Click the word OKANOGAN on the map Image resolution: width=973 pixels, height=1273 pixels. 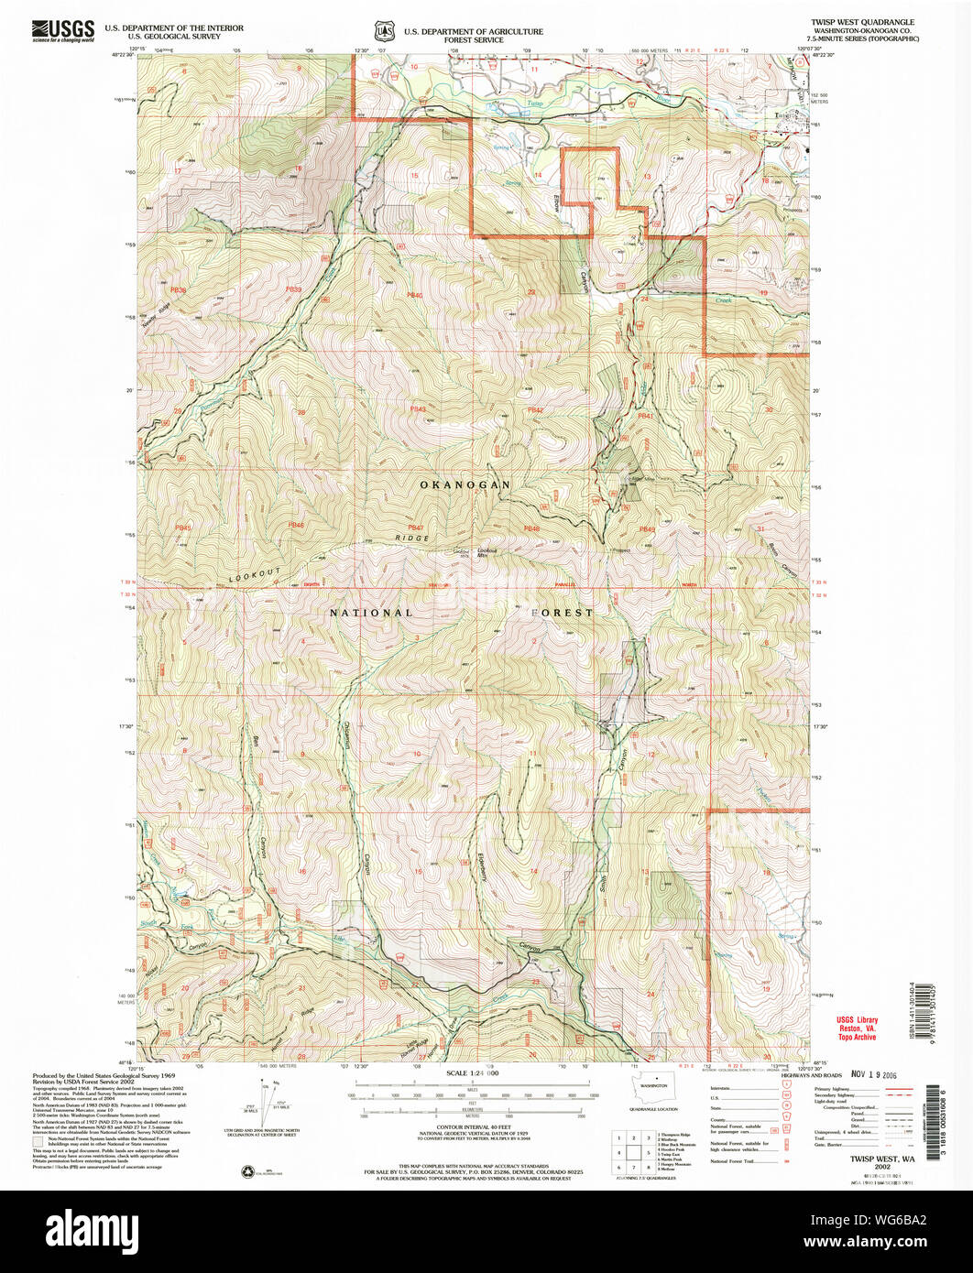(465, 484)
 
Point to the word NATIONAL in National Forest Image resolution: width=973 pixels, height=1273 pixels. (371, 612)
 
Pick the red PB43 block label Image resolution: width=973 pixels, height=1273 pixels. (419, 409)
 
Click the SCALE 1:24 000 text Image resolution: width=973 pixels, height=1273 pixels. (473, 1072)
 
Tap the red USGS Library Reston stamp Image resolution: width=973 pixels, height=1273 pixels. (856, 1028)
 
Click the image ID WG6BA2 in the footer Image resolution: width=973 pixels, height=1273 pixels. (880, 1219)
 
